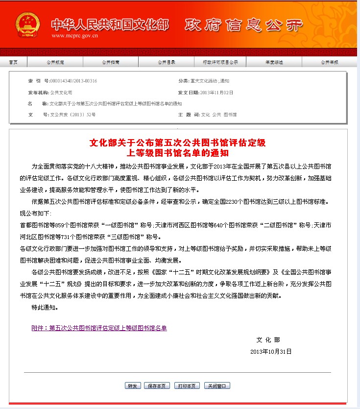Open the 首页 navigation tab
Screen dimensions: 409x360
[13, 62]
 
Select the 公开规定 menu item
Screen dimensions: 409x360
[55, 62]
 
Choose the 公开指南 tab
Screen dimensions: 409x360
[110, 62]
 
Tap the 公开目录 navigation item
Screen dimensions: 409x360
[167, 62]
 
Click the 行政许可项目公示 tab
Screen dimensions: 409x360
[220, 62]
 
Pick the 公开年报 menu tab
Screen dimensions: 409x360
[329, 62]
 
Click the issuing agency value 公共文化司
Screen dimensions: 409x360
[61, 92]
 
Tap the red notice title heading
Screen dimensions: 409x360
[177, 147]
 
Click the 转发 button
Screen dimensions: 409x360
[133, 385]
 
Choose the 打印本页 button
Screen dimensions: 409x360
[187, 385]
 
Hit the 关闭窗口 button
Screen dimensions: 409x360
[217, 385]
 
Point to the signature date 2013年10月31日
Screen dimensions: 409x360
[270, 352]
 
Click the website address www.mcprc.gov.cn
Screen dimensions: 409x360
[74, 36]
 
